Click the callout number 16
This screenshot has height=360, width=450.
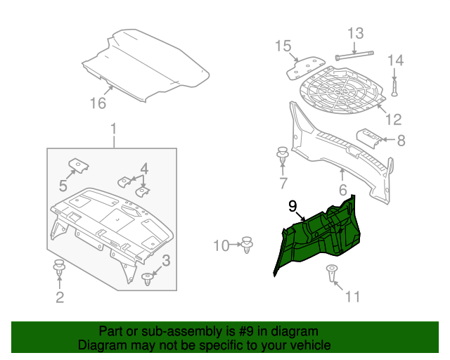pyautogui.click(x=98, y=103)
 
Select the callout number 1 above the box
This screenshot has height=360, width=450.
pyautogui.click(x=112, y=129)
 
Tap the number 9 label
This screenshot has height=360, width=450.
pyautogui.click(x=292, y=206)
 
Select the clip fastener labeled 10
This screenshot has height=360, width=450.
pyautogui.click(x=247, y=245)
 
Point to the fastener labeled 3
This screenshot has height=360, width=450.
pyautogui.click(x=148, y=279)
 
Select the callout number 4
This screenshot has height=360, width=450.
pyautogui.click(x=143, y=168)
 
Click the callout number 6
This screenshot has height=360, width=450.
pyautogui.click(x=342, y=190)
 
